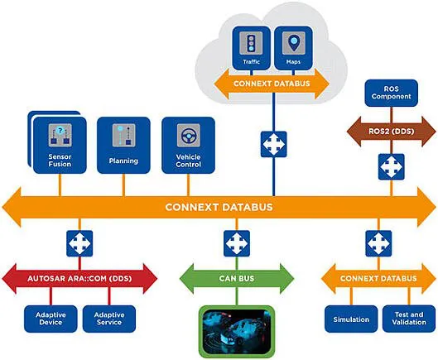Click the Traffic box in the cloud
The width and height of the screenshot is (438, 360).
pyautogui.click(x=252, y=48)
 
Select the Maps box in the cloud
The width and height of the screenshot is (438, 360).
pyautogui.click(x=293, y=48)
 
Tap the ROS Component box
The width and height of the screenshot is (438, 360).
pyautogui.click(x=392, y=93)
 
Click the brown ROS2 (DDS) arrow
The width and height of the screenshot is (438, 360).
pyautogui.click(x=392, y=132)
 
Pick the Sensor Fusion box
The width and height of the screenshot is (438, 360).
pyautogui.click(x=60, y=145)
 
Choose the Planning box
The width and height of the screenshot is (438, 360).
pyautogui.click(x=123, y=145)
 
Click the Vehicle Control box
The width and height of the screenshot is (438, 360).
pyautogui.click(x=188, y=145)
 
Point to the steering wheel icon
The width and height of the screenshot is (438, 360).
pyautogui.click(x=189, y=136)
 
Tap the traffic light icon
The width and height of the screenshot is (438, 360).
pyautogui.click(x=251, y=43)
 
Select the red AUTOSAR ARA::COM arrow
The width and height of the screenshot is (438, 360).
pyautogui.click(x=79, y=278)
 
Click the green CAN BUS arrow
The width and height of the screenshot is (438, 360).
pyautogui.click(x=237, y=278)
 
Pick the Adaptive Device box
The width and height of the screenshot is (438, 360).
pyautogui.click(x=51, y=319)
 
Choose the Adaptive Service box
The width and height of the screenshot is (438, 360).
pyautogui.click(x=109, y=319)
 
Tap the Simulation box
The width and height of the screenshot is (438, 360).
pyautogui.click(x=351, y=319)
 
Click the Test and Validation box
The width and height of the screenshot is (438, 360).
pyautogui.click(x=409, y=319)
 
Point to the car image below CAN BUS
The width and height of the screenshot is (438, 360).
pyautogui.click(x=237, y=332)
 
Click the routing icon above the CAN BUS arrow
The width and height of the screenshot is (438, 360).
pyautogui.click(x=237, y=243)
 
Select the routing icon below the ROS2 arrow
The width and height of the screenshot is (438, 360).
pyautogui.click(x=392, y=166)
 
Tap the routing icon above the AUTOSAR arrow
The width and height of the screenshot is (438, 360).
pyautogui.click(x=79, y=243)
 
